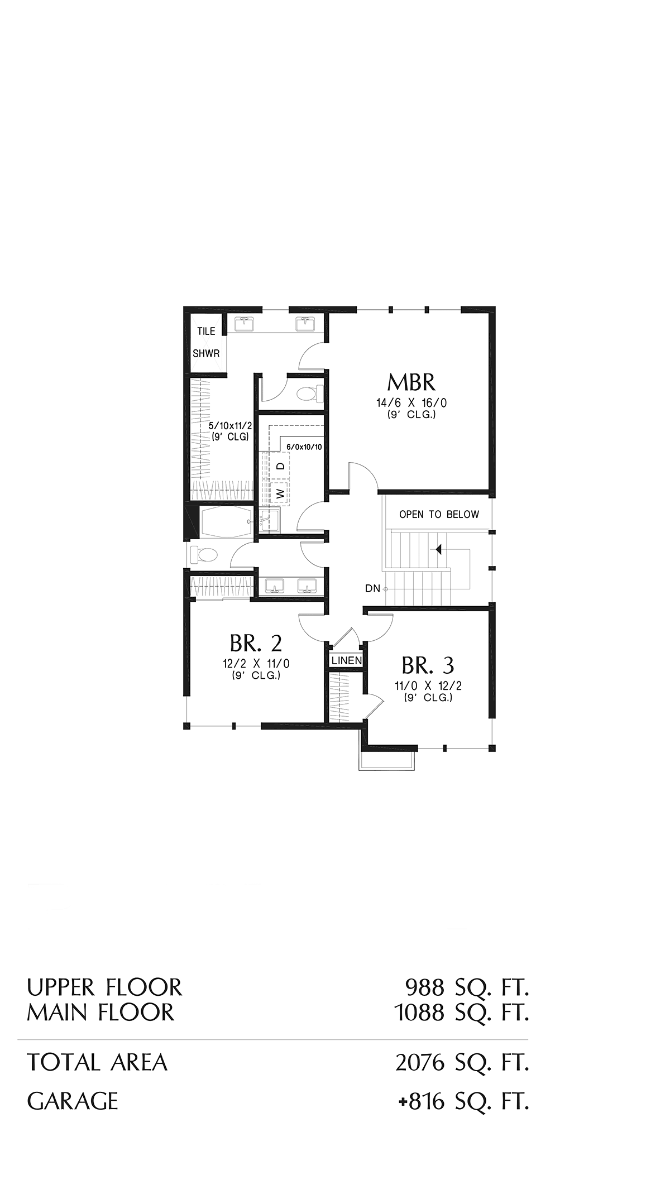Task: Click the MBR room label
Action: coord(411,382)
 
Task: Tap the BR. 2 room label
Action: coord(256,644)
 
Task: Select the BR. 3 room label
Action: coord(428,665)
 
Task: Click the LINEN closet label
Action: coord(347,661)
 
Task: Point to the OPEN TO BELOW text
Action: coord(439,515)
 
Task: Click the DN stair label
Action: coord(372,588)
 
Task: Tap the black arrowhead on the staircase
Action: coord(439,549)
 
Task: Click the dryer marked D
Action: coord(281,466)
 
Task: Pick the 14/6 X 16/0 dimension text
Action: coord(411,403)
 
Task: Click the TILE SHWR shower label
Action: coord(207,342)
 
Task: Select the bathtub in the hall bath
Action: coord(226,522)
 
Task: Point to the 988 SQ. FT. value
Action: coord(467,987)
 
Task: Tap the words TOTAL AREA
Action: coord(97,1062)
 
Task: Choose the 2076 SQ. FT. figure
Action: coord(462,1062)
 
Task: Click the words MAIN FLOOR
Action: coord(100,1012)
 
